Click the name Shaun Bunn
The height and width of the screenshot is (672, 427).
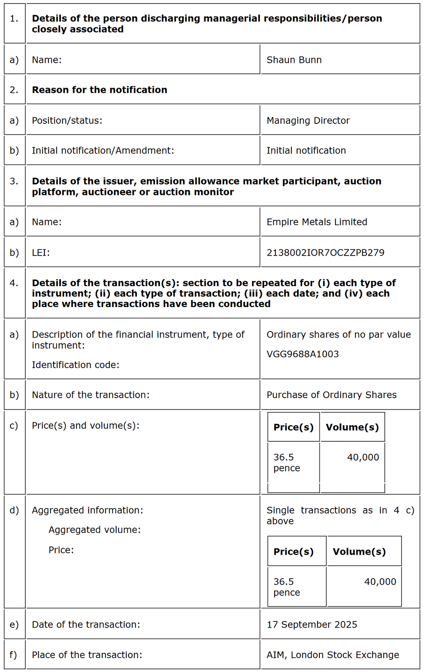tap(294, 60)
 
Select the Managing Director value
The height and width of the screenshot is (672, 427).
tap(308, 120)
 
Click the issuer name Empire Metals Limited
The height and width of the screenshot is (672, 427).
tap(317, 222)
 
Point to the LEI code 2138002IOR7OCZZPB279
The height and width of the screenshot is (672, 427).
tap(325, 252)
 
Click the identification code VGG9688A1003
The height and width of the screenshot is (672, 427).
tap(303, 354)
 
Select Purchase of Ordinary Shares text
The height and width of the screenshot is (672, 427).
tap(332, 395)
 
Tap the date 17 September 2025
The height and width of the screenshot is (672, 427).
tap(312, 624)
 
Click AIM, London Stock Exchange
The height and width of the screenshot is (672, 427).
tap(333, 655)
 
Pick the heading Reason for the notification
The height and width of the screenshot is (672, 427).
tap(100, 90)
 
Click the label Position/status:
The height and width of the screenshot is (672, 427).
tap(67, 120)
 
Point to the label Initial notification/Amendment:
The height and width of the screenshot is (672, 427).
tap(103, 150)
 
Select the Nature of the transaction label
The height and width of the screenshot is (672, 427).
tap(91, 395)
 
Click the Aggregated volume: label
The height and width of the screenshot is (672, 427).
tap(95, 530)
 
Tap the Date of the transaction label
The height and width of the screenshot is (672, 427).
tap(86, 624)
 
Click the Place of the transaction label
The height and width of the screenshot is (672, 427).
tap(87, 655)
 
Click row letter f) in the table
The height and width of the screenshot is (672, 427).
tap(14, 655)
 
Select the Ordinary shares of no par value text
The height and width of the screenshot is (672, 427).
tap(339, 334)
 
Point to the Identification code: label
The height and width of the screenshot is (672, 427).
tap(75, 365)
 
